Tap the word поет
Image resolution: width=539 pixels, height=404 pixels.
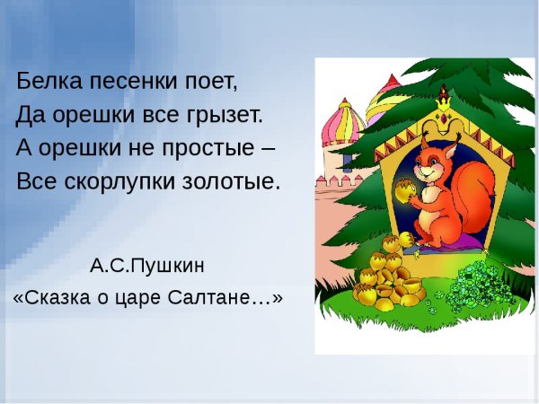pyautogui.click(x=210, y=83)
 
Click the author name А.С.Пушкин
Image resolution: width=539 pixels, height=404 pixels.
pyautogui.click(x=147, y=266)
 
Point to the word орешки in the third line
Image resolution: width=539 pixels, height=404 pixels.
pyautogui.click(x=78, y=148)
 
